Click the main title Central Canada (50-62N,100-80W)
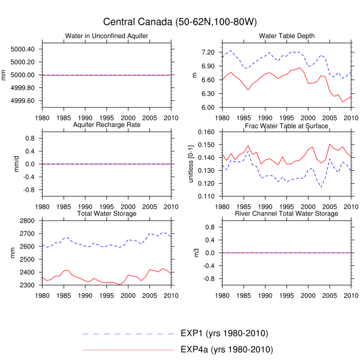coord(180,22)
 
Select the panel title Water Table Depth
coord(287,36)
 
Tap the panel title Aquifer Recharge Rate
coord(106,125)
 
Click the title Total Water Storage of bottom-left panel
coord(106,213)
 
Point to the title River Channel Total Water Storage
coord(287,213)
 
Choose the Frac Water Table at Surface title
coord(287,125)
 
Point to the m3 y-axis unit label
coord(194,253)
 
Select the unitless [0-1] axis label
coord(191,164)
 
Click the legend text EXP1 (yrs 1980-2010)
coord(224,333)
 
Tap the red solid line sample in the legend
coord(129,350)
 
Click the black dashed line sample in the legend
coord(129,334)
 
